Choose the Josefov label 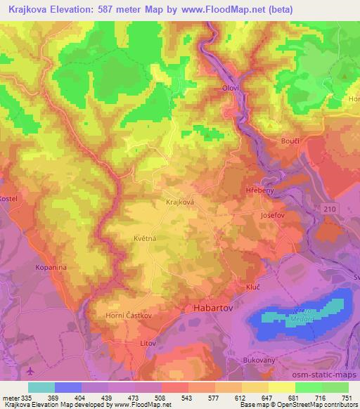pos(273,215)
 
